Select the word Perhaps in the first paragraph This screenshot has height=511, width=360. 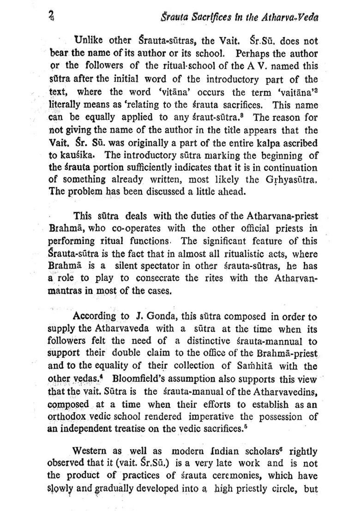[251, 53]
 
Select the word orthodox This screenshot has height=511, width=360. [67, 417]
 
